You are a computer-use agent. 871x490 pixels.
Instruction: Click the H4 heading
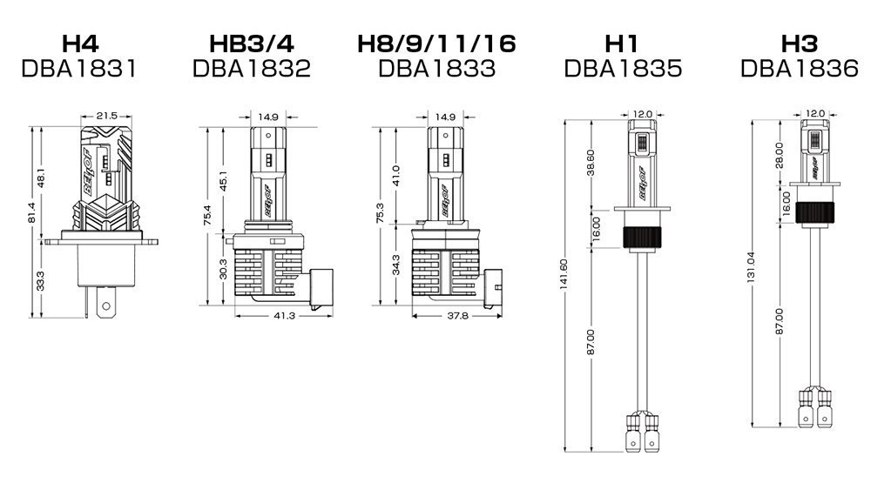(80, 44)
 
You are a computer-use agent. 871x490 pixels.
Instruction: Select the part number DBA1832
(252, 69)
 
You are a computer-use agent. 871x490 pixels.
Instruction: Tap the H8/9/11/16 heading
(436, 44)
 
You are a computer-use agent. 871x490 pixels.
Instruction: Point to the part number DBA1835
(623, 69)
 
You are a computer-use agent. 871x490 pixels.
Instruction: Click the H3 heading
(800, 44)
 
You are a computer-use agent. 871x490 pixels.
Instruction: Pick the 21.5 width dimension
(106, 116)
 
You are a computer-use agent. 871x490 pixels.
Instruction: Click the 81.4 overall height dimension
(31, 212)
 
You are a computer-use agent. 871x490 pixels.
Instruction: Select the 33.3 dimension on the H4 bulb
(41, 281)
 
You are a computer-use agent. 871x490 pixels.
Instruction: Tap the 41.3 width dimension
(284, 316)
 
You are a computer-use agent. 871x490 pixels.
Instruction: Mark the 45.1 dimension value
(224, 181)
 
